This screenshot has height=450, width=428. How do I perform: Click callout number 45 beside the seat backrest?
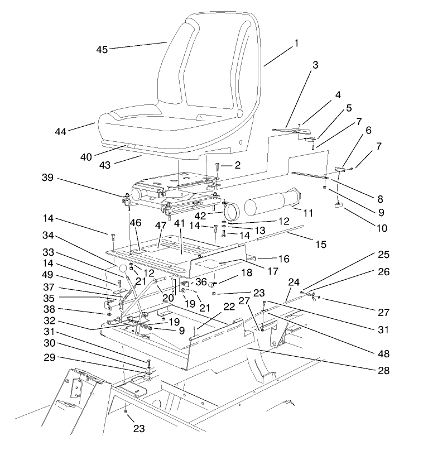pyautogui.click(x=102, y=49)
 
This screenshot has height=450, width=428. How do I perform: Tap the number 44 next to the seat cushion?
pyautogui.click(x=61, y=131)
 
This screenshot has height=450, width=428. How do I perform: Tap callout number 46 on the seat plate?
pyautogui.click(x=136, y=222)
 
